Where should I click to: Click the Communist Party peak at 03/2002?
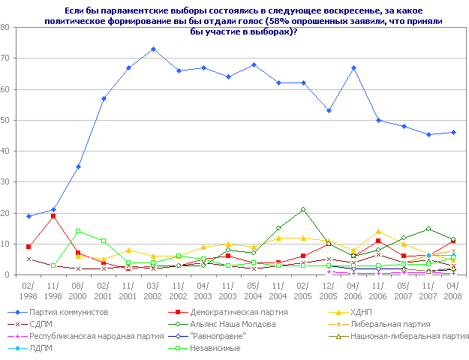coord(153,49)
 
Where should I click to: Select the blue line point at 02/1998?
coord(28,216)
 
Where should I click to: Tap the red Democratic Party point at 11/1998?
coord(53,216)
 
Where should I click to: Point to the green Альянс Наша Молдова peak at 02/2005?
coord(303,209)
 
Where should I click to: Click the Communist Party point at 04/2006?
coord(353,67)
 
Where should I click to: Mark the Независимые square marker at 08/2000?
coord(78,231)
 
